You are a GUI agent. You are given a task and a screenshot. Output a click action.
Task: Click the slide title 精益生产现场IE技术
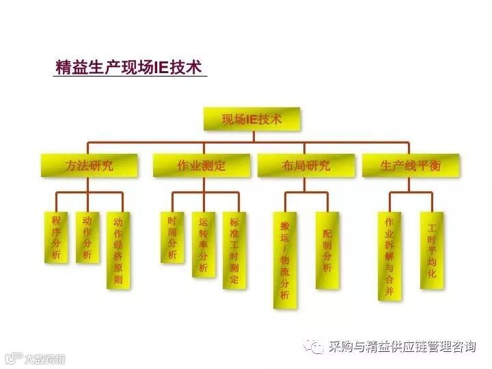click(x=128, y=68)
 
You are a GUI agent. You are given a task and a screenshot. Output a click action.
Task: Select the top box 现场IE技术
click(x=252, y=119)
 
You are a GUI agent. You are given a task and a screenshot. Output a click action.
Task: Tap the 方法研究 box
click(x=90, y=165)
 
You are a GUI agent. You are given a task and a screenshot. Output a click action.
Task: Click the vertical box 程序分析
click(x=56, y=237)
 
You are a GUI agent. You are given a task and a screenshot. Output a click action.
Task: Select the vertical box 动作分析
click(x=87, y=237)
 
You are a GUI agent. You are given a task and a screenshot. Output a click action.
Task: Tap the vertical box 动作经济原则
click(x=118, y=250)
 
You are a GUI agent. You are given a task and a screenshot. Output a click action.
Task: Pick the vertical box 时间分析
click(x=172, y=237)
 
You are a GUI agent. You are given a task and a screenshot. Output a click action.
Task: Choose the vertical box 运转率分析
click(x=203, y=244)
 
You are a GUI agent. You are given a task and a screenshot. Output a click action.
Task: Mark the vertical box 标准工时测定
click(x=234, y=250)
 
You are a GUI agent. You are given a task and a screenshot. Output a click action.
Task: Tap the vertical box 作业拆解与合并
click(x=389, y=256)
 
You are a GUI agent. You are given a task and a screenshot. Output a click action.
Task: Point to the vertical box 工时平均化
click(x=431, y=250)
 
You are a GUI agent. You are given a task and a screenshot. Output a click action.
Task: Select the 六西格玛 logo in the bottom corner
click(x=34, y=358)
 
